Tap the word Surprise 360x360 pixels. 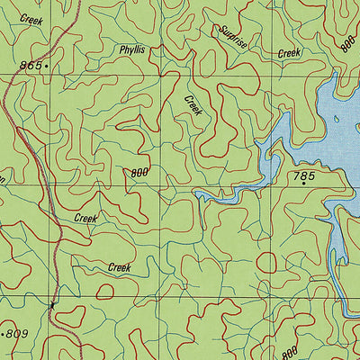(x=232, y=37)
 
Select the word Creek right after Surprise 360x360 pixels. (x=289, y=53)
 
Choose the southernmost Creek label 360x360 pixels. (x=119, y=267)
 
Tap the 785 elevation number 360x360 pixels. (x=303, y=177)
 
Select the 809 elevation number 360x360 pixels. (x=18, y=334)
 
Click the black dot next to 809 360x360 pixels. (x=4, y=334)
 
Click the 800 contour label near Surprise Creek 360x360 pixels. (x=346, y=42)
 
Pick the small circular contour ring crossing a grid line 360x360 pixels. (x=267, y=263)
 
